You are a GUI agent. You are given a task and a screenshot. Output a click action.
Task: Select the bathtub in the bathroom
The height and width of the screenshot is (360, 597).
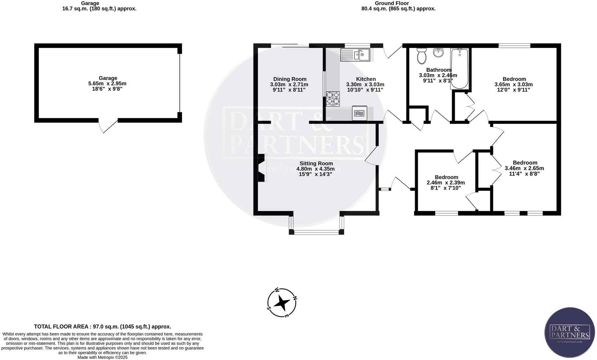(x=460, y=69)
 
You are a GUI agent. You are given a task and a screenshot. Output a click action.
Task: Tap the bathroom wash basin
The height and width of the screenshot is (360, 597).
(x=438, y=53)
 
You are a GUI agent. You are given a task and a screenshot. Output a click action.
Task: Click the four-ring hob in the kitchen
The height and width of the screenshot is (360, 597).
(x=333, y=99)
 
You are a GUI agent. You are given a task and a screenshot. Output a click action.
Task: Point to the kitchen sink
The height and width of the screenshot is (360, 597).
(x=356, y=55)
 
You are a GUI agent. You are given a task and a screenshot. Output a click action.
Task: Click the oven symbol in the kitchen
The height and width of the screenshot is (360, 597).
(x=359, y=113)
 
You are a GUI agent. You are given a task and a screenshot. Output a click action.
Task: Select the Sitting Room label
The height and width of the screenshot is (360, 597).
(x=316, y=164)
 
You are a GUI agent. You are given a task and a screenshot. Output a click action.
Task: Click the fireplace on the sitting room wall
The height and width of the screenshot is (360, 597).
(x=261, y=168)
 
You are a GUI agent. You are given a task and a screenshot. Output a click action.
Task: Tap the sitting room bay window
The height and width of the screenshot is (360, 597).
(x=316, y=231)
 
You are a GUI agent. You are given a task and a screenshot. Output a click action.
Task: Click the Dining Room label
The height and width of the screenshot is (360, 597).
(x=290, y=79)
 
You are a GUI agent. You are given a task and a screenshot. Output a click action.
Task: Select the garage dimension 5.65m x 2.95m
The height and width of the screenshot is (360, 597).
(x=108, y=84)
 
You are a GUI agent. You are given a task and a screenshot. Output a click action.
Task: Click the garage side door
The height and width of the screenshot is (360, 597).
(x=108, y=126)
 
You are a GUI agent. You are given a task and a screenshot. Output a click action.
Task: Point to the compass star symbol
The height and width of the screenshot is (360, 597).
(x=282, y=303)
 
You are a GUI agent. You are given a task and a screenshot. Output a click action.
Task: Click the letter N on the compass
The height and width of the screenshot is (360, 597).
(x=294, y=298)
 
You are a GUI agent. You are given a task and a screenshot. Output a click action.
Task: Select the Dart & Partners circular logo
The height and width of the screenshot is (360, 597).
(x=569, y=336)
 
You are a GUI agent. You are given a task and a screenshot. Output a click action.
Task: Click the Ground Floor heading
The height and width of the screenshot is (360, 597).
(x=391, y=3)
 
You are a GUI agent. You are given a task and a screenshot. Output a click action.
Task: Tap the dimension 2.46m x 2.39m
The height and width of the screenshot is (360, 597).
(x=446, y=183)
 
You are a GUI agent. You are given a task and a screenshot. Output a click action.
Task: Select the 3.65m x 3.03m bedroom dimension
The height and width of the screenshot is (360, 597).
(x=514, y=85)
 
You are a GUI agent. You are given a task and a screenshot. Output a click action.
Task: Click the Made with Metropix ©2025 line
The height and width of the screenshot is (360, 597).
(x=102, y=357)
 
